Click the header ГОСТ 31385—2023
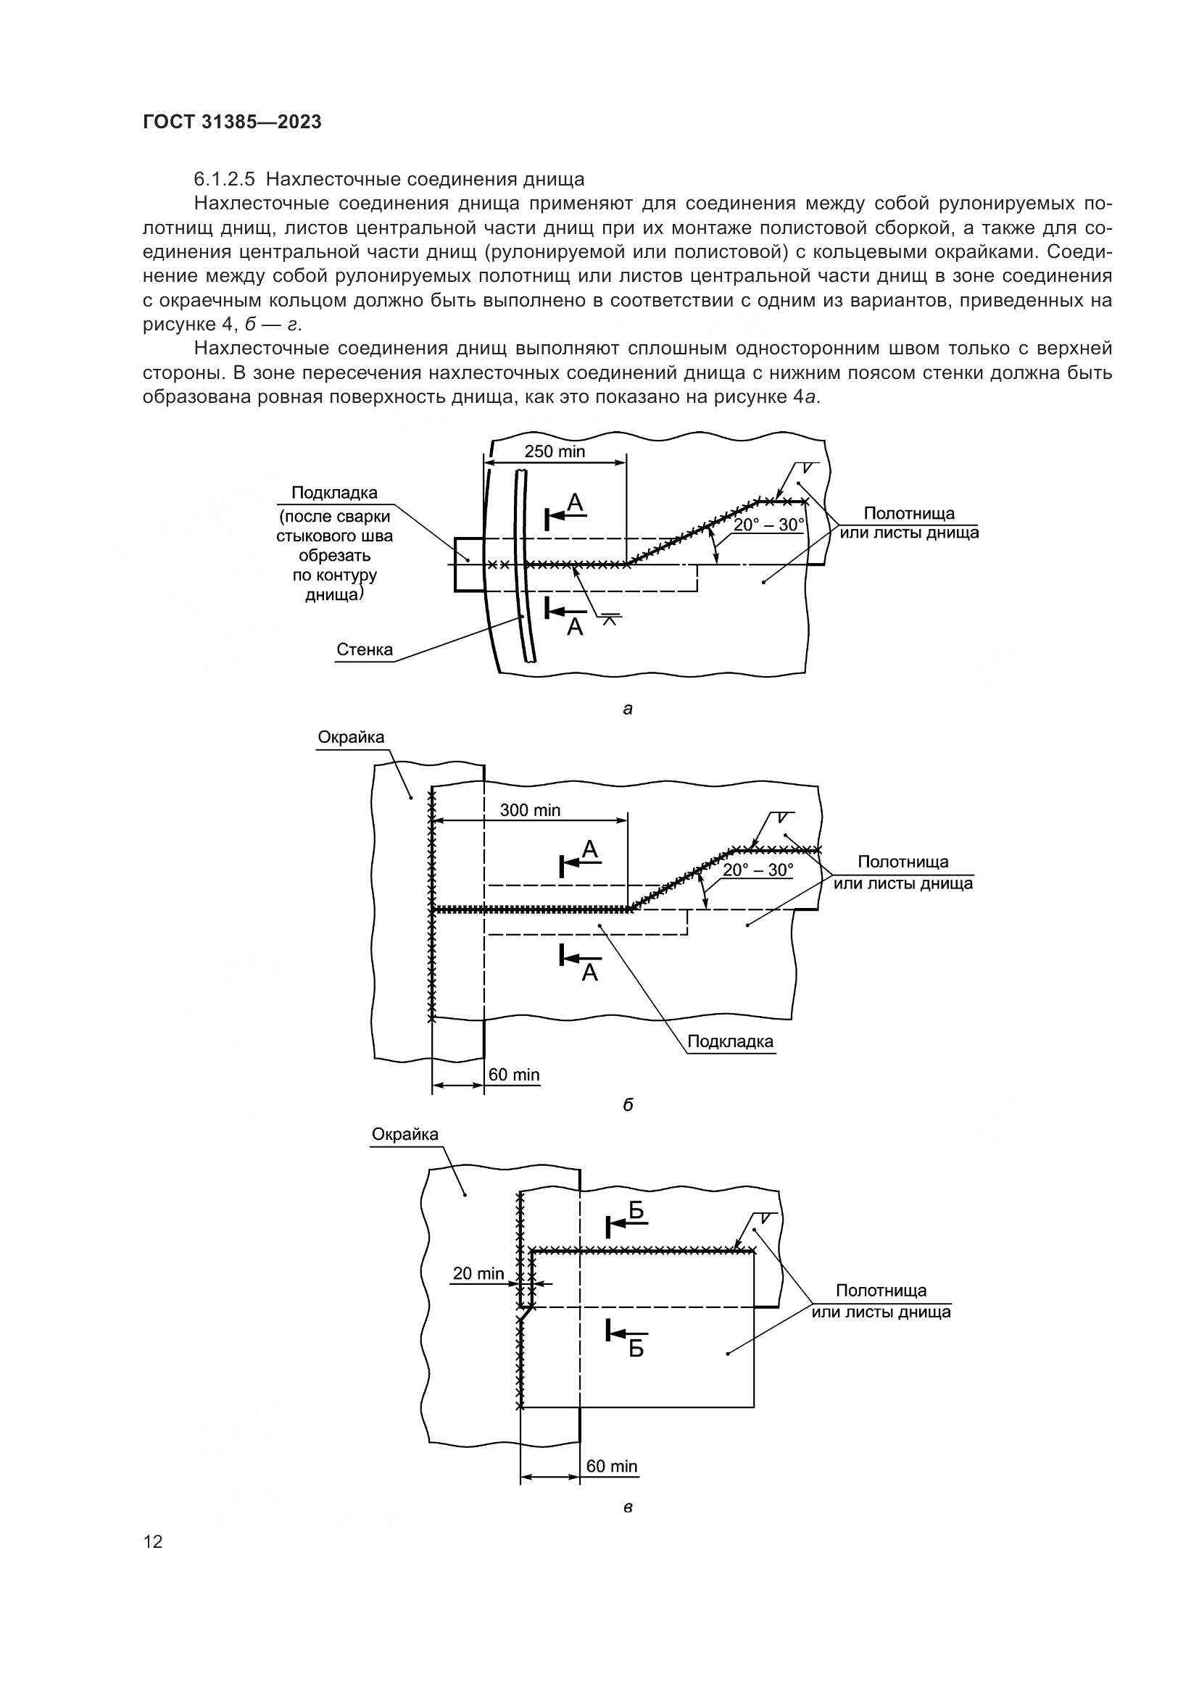coord(232,122)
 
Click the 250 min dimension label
coord(555,451)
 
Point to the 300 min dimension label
coord(530,810)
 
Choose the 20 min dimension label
coord(478,1273)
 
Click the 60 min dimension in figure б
coord(514,1074)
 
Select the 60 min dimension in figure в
coord(611,1465)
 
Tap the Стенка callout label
coord(365,649)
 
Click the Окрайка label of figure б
coord(351,737)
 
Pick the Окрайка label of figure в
coord(404,1134)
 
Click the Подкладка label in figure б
coord(730,1041)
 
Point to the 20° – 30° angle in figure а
coord(768,525)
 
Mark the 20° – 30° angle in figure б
coord(758,870)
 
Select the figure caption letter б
coord(628,1105)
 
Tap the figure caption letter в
coord(628,1507)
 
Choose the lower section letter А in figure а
coord(574,628)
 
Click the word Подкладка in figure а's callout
coord(334,492)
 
